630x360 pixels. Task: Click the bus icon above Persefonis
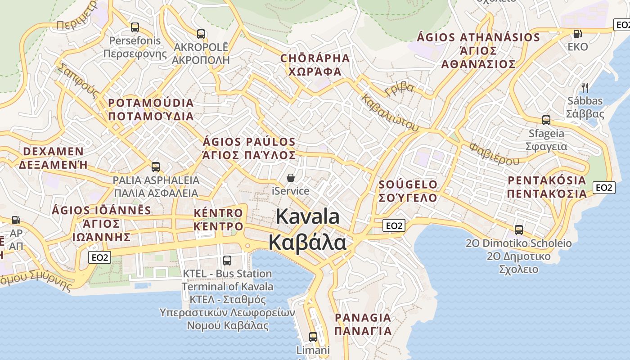coord(135,27)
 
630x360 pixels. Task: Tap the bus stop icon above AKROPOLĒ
coord(201,34)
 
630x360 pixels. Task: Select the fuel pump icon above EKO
coord(577,33)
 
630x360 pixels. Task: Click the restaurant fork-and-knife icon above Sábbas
coord(585,87)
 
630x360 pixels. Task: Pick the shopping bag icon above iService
coord(291,178)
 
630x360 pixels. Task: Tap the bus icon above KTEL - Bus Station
coord(227,260)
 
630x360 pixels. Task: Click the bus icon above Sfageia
coord(546,120)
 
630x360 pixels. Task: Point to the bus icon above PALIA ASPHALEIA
coord(156,167)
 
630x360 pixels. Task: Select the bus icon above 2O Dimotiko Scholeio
coord(518,230)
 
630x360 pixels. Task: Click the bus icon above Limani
coord(313,337)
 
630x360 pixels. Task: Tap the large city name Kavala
coord(308,216)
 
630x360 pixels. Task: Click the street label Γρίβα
coord(399,89)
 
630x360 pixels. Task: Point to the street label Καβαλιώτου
coord(390,112)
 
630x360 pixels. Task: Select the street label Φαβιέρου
coord(494,154)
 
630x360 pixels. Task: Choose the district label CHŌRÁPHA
coord(315,58)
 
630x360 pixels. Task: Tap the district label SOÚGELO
coord(408,184)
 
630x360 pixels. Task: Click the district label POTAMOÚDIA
coord(151,103)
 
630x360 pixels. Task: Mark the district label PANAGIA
coord(363,318)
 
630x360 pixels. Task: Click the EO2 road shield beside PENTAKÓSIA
coord(604,188)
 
